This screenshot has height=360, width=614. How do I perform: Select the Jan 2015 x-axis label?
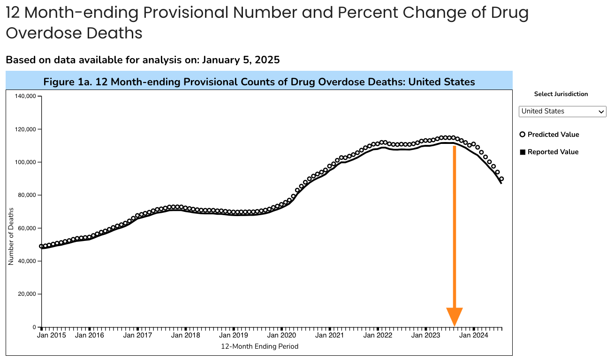point(52,336)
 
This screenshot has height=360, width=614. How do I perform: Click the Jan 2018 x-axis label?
point(186,336)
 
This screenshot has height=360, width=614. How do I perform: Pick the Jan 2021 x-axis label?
point(329,336)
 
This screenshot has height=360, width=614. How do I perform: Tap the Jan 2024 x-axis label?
point(473,336)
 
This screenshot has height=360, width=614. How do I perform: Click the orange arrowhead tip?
point(454,325)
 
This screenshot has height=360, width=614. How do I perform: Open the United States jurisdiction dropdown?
point(562,112)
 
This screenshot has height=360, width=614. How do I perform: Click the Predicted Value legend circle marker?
point(523,135)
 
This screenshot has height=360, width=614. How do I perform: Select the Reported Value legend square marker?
point(523,152)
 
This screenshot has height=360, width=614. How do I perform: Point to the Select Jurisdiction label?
point(561,94)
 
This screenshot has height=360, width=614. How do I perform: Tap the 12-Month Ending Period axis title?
point(259,347)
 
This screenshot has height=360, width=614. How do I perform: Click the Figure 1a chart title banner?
point(259,82)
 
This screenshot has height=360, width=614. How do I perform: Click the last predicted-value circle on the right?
point(501,179)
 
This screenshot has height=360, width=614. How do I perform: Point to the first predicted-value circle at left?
point(41,246)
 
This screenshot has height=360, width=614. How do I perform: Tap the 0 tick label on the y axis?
point(34,327)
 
